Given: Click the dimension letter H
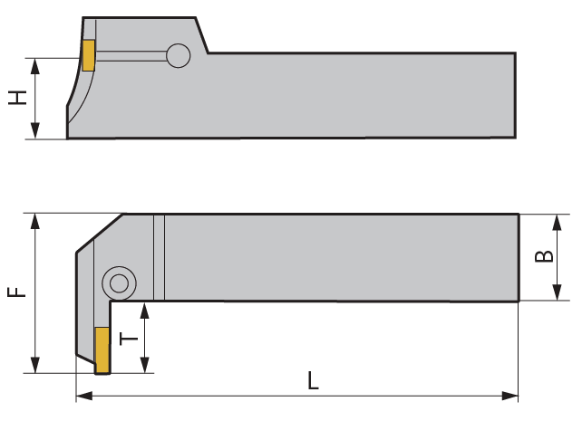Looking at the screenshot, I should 17,98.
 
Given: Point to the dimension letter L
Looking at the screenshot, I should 313,381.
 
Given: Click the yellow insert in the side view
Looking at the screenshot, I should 89,55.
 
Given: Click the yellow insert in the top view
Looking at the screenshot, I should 102,350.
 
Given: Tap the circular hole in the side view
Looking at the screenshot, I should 179,56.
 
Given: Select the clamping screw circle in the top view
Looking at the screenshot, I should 118,283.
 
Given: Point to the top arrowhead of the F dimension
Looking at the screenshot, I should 36,220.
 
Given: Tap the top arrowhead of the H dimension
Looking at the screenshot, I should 35,64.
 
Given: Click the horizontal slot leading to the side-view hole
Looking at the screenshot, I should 131,56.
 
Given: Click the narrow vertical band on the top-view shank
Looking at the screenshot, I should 160,258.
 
